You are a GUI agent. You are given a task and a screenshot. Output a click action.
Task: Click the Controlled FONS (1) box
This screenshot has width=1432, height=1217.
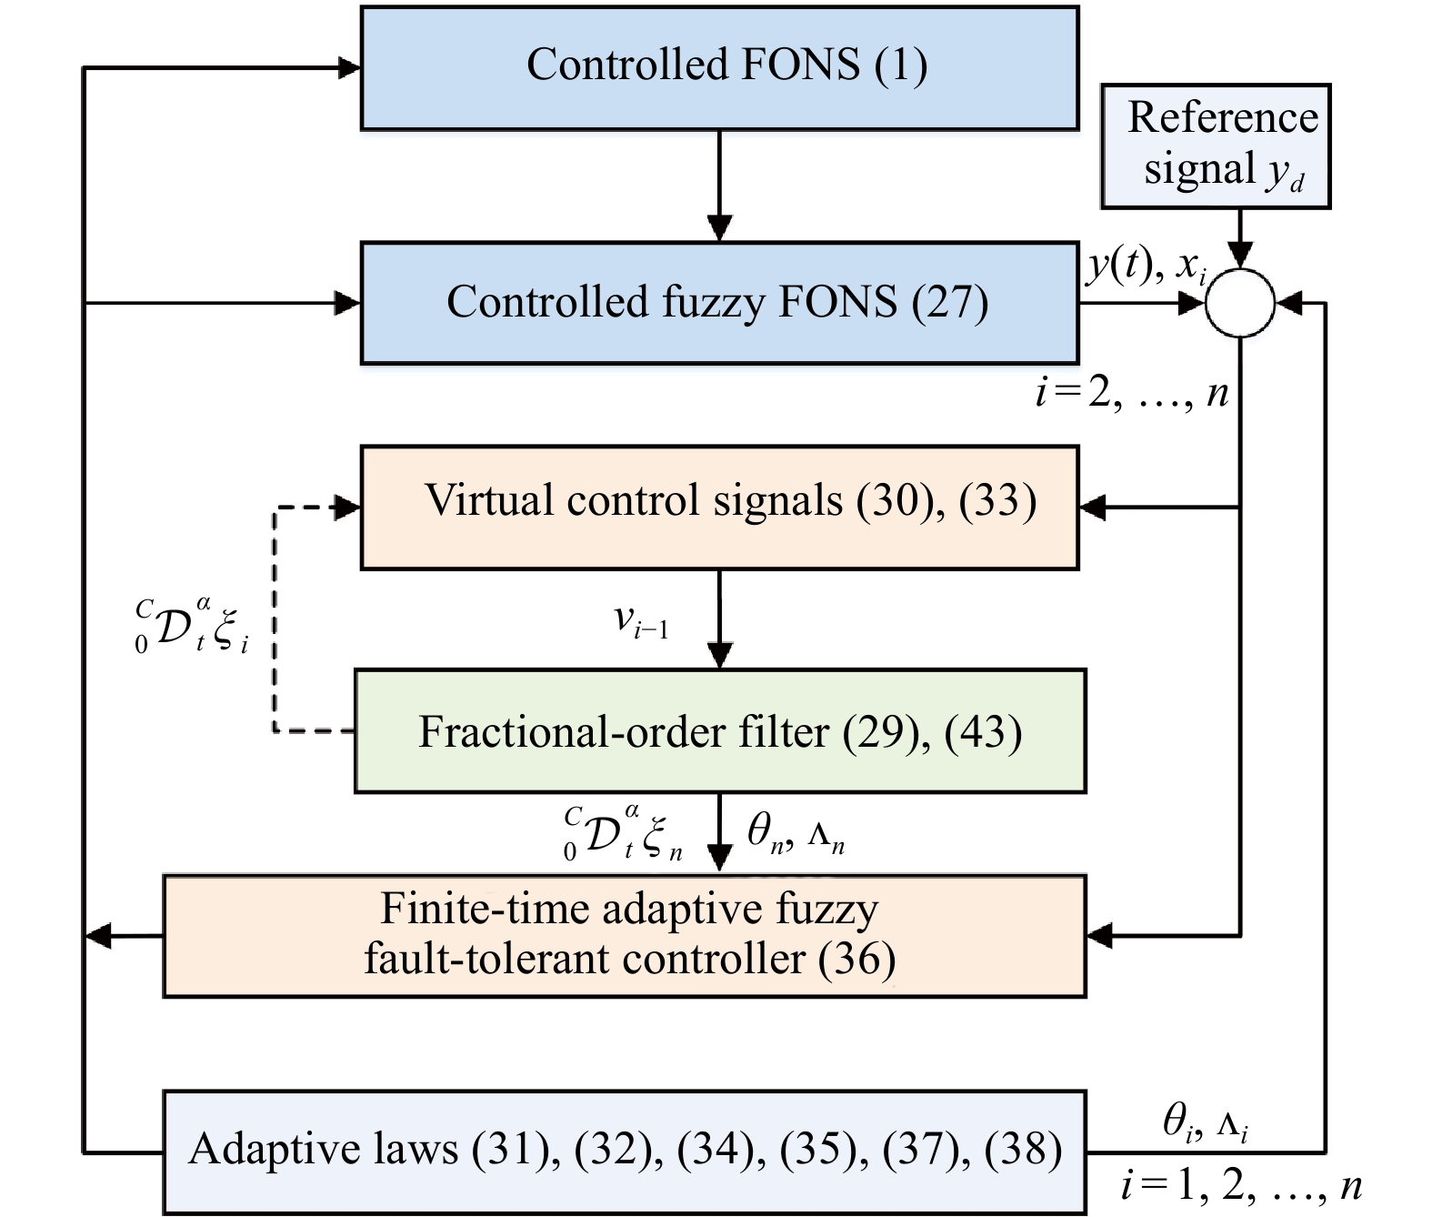click(x=719, y=68)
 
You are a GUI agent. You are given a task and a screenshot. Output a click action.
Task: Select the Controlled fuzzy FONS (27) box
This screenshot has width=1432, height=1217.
click(x=719, y=303)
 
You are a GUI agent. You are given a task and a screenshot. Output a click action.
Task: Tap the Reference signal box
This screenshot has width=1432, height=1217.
click(x=1216, y=146)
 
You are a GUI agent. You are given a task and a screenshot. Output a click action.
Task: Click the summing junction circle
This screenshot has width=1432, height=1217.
click(x=1240, y=303)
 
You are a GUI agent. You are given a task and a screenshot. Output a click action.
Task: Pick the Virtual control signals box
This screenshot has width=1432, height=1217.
click(x=719, y=508)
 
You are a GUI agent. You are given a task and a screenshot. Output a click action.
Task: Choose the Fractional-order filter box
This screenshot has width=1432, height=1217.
click(x=719, y=731)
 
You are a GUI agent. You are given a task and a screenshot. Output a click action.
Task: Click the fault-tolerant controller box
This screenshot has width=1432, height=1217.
click(x=625, y=936)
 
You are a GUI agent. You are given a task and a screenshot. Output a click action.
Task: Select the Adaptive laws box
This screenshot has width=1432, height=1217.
click(x=625, y=1152)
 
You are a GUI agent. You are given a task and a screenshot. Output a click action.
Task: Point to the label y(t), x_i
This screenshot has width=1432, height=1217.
click(x=1147, y=267)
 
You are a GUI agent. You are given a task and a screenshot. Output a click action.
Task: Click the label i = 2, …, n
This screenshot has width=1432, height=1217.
click(x=1132, y=393)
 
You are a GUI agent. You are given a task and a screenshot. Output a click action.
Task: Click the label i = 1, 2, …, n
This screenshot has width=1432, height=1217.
click(x=1241, y=1185)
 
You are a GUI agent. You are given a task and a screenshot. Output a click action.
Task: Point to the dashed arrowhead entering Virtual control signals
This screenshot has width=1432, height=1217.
click(x=348, y=508)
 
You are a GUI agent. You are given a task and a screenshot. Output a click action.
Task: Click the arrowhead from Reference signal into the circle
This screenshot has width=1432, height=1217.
click(x=1240, y=256)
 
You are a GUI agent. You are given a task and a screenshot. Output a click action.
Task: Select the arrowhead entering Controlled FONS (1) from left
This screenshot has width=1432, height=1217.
click(x=349, y=67)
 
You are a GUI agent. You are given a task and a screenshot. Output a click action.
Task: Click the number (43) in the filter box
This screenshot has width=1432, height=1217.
click(x=983, y=732)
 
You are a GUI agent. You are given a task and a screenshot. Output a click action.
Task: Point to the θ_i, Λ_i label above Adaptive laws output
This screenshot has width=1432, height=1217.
click(x=1206, y=1124)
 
